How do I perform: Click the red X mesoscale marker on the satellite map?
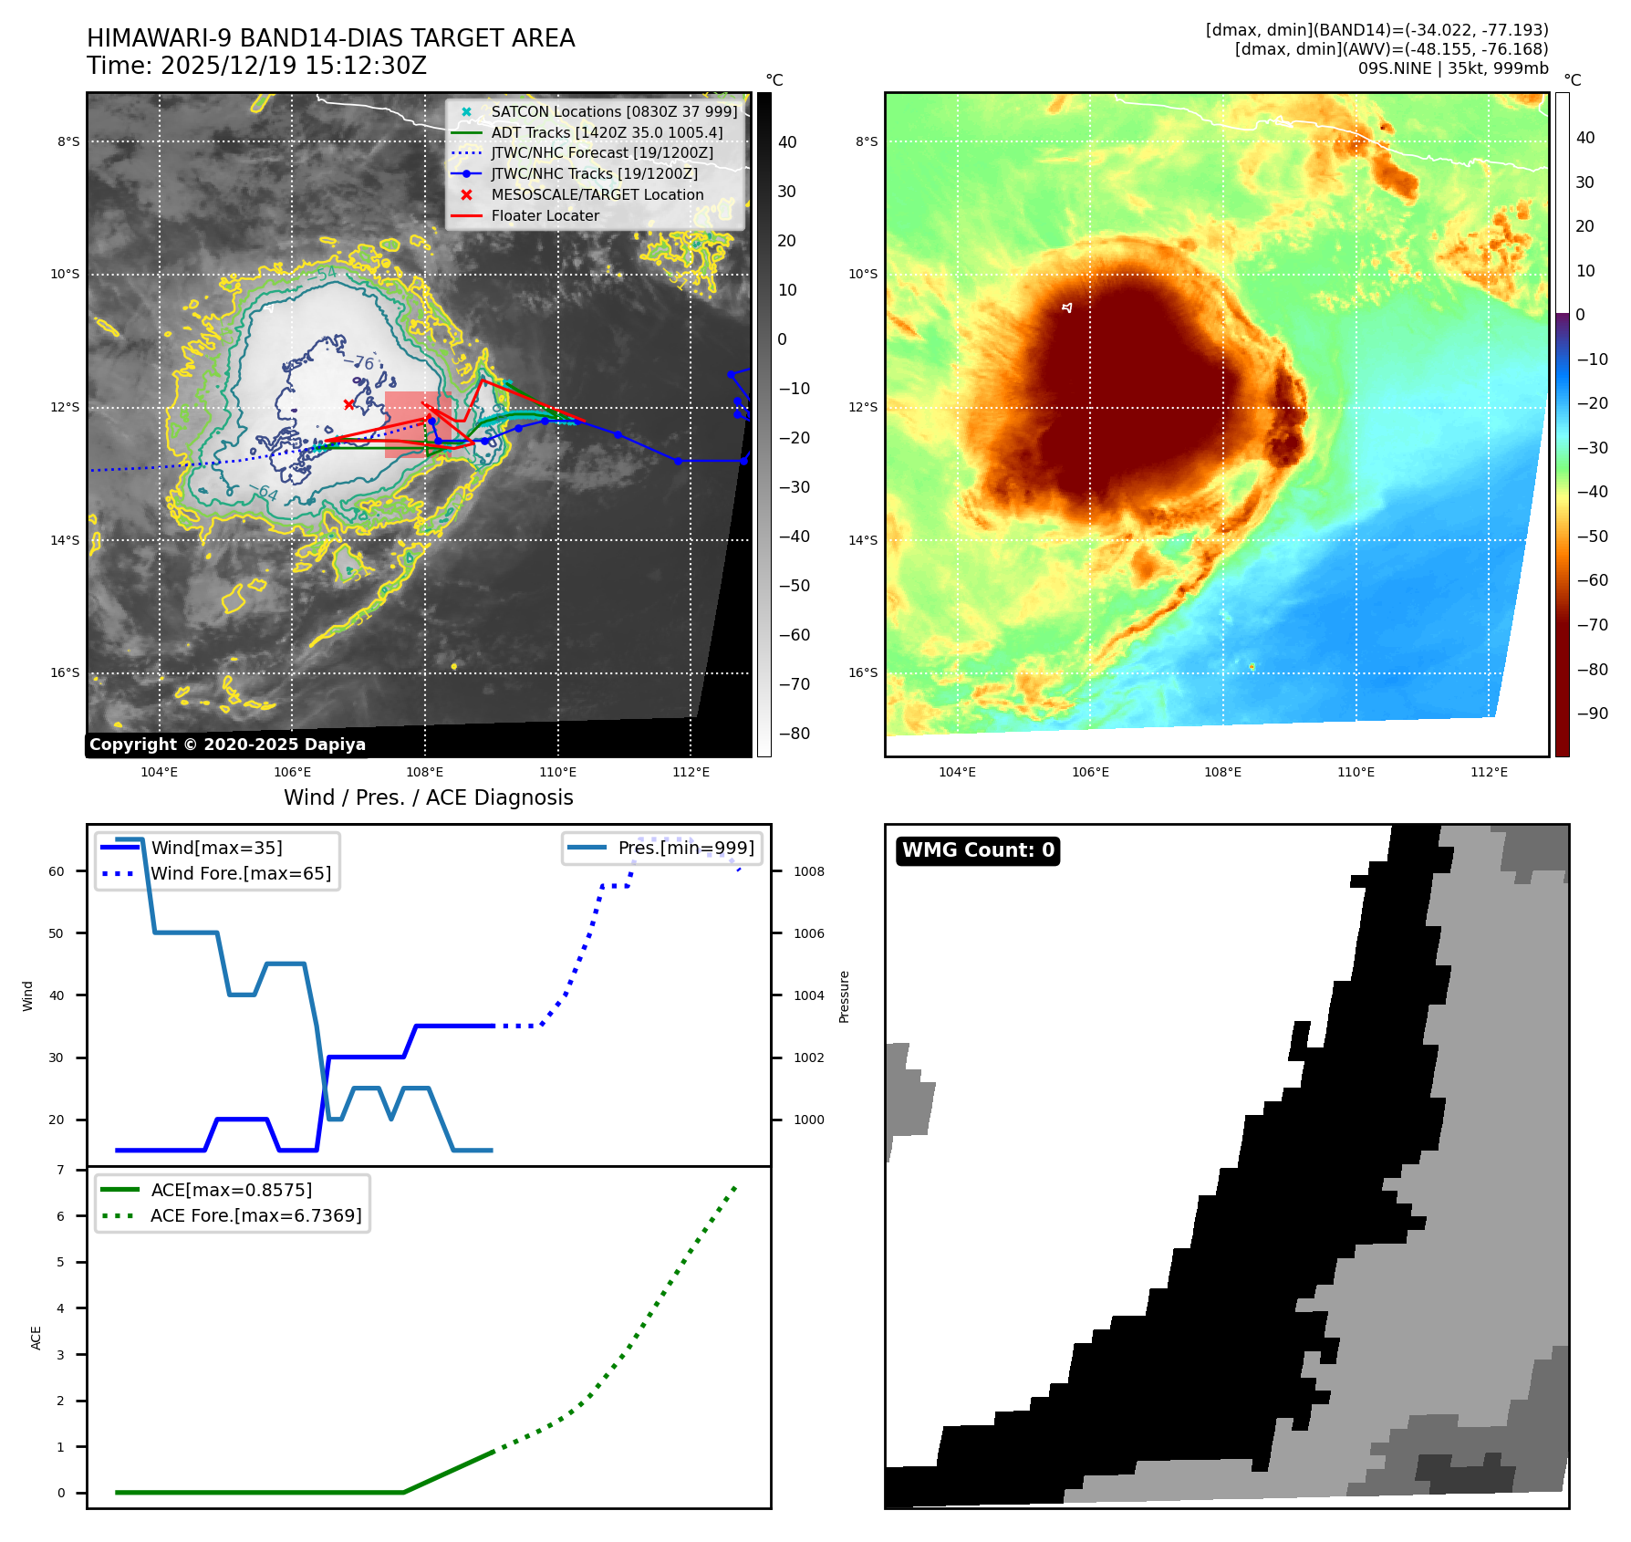[348, 404]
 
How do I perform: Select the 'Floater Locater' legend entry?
[545, 216]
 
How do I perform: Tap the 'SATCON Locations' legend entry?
[613, 112]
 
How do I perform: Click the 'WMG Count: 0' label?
[978, 850]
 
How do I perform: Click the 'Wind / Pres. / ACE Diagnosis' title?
[428, 797]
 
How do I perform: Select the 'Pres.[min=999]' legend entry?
[685, 849]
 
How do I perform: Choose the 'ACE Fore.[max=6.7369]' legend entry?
[255, 1216]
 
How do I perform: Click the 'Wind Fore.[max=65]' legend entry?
[241, 874]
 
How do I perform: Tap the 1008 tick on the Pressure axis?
[808, 872]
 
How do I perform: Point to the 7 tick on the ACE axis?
[61, 1171]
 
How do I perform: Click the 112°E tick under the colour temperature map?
[1489, 773]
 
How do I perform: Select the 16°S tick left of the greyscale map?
[65, 673]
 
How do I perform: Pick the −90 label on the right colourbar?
[1593, 714]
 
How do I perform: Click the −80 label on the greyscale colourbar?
[794, 734]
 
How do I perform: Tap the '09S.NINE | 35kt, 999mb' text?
[1452, 68]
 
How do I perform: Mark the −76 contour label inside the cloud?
[363, 363]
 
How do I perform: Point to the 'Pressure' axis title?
[845, 996]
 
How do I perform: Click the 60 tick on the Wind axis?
[57, 872]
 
